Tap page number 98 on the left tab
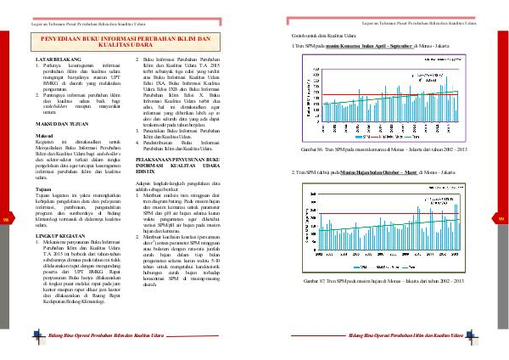[x=7, y=222]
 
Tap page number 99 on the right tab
[x=502, y=222]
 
